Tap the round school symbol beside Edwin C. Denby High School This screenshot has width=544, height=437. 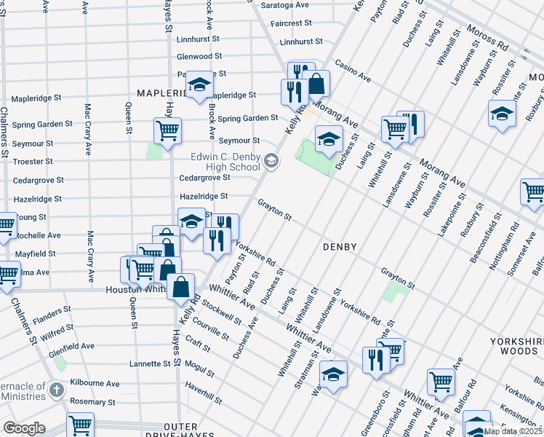point(271,161)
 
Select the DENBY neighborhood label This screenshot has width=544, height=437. point(340,247)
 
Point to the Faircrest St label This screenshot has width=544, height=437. point(291,23)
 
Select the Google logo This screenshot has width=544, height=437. point(24,428)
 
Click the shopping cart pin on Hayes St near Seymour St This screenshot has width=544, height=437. point(167,131)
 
